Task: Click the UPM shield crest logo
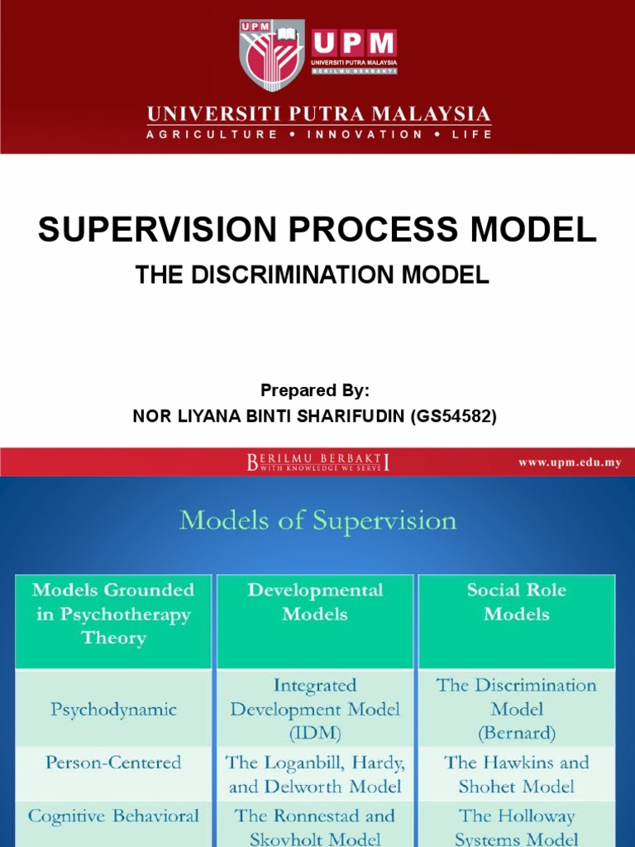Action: tap(272, 55)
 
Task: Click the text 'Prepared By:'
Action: tap(315, 390)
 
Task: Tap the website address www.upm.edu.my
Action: tap(570, 462)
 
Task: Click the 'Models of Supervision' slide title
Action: tap(317, 520)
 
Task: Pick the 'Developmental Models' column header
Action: tap(315, 601)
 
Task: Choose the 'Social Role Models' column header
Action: tap(517, 601)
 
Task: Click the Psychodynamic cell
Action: tap(114, 709)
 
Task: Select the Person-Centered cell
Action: tap(114, 762)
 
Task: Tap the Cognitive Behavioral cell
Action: tap(114, 816)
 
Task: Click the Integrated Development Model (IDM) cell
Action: tap(315, 709)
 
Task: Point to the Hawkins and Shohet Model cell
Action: tap(517, 773)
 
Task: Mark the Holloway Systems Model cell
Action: tap(517, 826)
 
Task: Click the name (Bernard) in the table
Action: tap(517, 733)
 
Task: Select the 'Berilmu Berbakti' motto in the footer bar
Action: tap(318, 462)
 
